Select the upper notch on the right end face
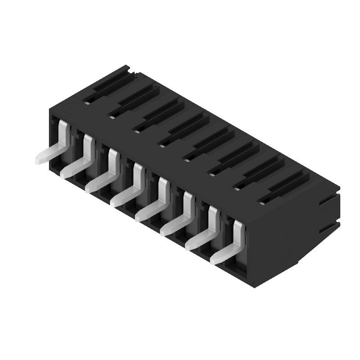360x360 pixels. (328, 200)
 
